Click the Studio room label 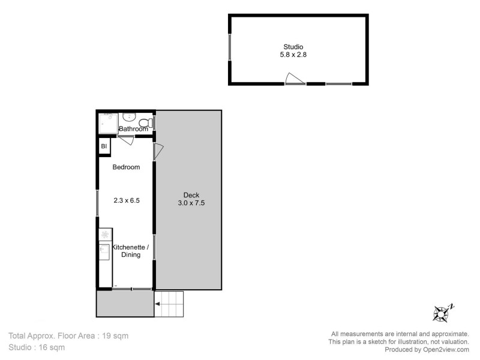(293, 47)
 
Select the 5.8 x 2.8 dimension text (293, 55)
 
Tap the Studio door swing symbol (294, 79)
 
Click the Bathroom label (133, 129)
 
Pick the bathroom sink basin (130, 118)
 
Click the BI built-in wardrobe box (104, 146)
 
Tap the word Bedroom (127, 167)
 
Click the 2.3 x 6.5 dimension (127, 201)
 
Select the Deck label (192, 194)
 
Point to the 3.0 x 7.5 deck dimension (192, 203)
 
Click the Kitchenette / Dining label (127, 251)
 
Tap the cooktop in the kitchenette (104, 234)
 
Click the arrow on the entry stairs (158, 305)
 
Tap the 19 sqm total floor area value (116, 335)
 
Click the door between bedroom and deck (158, 151)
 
